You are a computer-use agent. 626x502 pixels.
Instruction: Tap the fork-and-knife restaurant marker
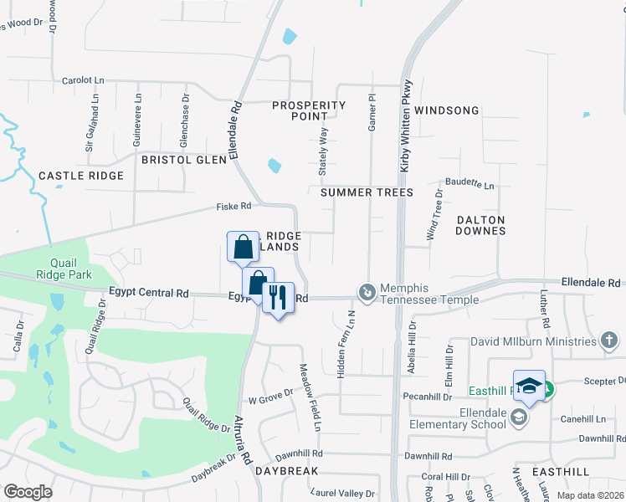click(x=278, y=298)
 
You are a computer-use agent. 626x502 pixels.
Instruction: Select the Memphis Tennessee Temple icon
click(x=367, y=292)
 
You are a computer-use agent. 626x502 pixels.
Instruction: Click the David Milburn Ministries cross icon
click(x=609, y=341)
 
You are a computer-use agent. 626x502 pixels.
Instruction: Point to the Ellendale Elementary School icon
click(x=519, y=417)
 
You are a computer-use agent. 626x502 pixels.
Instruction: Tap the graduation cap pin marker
click(x=529, y=386)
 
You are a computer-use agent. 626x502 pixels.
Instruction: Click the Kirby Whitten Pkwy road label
click(x=405, y=125)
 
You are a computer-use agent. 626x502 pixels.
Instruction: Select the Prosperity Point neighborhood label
click(x=309, y=110)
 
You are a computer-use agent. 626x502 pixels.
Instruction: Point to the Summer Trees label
click(x=367, y=192)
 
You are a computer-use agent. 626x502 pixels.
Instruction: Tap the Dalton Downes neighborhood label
click(x=481, y=224)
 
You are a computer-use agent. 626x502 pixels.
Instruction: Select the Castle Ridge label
click(x=81, y=176)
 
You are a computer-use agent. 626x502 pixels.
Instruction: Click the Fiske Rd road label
click(x=233, y=206)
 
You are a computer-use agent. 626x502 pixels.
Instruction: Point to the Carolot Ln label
click(x=83, y=81)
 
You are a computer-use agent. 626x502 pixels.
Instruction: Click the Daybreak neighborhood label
click(x=285, y=471)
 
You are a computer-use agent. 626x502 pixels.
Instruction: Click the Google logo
click(x=28, y=491)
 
